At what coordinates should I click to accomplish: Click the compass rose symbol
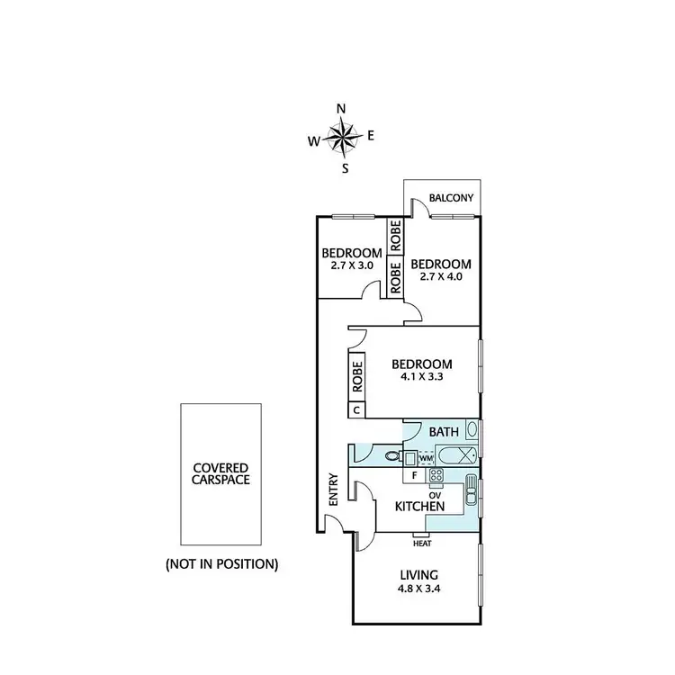click(x=341, y=138)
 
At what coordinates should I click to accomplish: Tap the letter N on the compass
click(x=341, y=109)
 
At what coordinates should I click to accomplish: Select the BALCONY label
click(x=447, y=198)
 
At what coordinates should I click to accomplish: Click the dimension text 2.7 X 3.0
click(x=346, y=265)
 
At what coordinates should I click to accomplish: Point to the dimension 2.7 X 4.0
click(x=441, y=277)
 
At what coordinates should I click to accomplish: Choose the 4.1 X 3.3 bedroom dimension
click(x=421, y=378)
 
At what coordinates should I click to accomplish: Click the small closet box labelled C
click(x=356, y=410)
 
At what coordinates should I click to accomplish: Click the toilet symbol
click(x=392, y=456)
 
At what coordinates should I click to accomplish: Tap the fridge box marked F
click(x=413, y=473)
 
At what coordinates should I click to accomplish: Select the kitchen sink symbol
click(x=471, y=493)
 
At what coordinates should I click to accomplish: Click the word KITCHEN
click(x=420, y=508)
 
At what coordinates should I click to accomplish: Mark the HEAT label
click(x=421, y=543)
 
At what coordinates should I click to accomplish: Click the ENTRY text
click(x=334, y=502)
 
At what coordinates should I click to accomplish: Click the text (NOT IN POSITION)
click(x=221, y=565)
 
